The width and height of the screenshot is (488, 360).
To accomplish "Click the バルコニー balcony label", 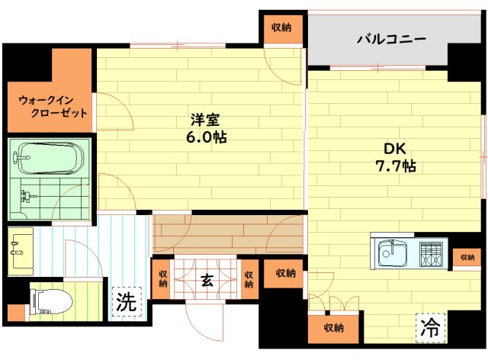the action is point(391,40).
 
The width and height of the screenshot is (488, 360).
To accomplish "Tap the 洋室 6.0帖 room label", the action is point(207,129).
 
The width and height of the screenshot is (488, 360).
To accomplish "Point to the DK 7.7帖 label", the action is point(396,158).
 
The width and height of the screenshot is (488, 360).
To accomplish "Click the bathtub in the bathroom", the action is point(49,158).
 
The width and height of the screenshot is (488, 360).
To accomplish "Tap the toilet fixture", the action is point(51,301).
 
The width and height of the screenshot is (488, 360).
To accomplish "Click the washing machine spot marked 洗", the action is point(127,301).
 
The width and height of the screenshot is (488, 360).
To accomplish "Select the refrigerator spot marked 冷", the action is point(430,328).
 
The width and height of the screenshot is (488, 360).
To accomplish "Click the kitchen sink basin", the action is point(392,253).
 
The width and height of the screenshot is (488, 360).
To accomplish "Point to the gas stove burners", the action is point(431,254).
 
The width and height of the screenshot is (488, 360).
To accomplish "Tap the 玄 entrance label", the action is point(207,281).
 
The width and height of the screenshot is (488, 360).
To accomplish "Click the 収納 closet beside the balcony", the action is point(283,29).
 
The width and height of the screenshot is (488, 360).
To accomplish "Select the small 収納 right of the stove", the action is point(467,258).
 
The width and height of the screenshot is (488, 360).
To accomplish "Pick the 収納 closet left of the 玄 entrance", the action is point(162,279).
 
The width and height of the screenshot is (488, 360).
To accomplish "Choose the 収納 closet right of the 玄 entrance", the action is point(249,279).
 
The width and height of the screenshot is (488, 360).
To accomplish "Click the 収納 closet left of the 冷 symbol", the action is point(333,328).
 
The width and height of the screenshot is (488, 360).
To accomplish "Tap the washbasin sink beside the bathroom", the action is point(21,252).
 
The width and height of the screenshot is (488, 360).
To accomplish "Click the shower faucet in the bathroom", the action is point(27,196).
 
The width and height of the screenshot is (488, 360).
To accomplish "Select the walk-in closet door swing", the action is point(115,111).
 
